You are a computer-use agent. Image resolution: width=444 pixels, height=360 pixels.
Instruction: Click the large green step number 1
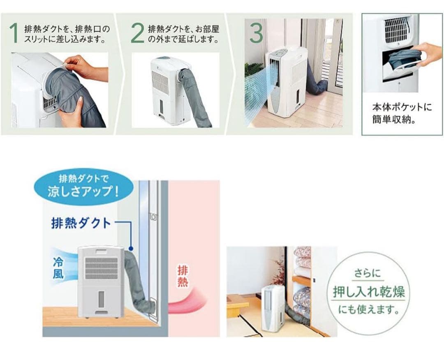tap(14, 33)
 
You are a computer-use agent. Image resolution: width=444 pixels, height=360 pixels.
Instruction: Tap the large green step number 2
tap(137, 33)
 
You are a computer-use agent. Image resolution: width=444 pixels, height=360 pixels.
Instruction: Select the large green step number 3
tap(256, 33)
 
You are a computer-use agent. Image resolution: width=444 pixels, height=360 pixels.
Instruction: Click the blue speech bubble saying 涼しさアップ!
tap(84, 186)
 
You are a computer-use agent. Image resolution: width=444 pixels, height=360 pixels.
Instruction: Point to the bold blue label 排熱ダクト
tap(81, 223)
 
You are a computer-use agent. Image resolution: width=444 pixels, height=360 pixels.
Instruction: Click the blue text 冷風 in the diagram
tap(58, 268)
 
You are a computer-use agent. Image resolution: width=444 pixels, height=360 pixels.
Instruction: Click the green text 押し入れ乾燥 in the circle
tap(369, 292)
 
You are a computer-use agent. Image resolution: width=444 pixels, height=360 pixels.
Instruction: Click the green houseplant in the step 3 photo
tap(253, 70)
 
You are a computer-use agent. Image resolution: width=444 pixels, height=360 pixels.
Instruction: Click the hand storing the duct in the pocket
tap(428, 53)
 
